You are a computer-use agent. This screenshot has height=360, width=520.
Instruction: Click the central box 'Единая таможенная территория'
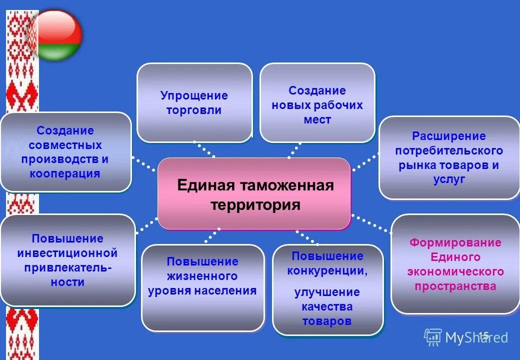pos(254,194)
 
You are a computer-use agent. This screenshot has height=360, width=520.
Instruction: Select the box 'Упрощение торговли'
pos(194,102)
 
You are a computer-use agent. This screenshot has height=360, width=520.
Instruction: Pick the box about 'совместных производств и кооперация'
pos(65,152)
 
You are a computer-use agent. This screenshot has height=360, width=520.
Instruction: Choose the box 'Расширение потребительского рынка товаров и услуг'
pos(449,157)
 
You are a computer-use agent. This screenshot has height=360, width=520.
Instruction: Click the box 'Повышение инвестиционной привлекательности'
pos(67,260)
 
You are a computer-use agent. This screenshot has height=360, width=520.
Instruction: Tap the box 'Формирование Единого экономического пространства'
pos(455,264)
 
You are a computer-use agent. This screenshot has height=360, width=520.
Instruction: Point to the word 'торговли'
pos(194,110)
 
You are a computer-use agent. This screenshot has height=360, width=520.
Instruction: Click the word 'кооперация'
pos(65,174)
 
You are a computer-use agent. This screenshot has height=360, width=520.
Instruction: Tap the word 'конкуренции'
pos(327,271)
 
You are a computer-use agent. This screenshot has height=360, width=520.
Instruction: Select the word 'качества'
pos(327,306)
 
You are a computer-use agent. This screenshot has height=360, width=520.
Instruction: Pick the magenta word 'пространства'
pos(455,286)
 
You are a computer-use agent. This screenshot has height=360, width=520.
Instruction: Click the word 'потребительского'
pos(449,150)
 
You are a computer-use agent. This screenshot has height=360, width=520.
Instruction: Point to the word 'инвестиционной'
pos(67,253)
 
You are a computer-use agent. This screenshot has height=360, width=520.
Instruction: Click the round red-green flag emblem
pos(55,35)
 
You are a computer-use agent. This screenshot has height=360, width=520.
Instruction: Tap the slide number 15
pos(483,335)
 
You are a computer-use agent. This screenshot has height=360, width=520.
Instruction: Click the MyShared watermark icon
pos(433,337)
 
